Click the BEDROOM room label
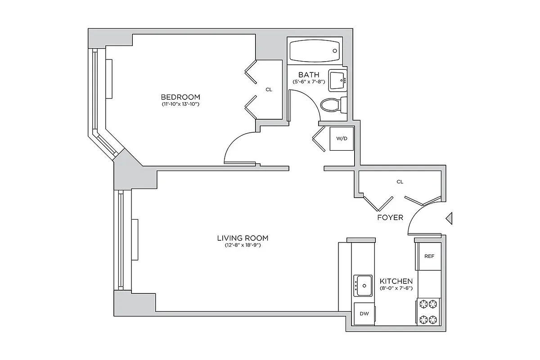tap(180, 97)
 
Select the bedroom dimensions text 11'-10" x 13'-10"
tap(180, 104)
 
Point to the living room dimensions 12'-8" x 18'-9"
tap(243, 246)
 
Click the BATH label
tap(309, 75)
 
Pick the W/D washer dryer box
tap(342, 139)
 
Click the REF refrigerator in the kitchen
tap(429, 256)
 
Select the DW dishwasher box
tap(364, 314)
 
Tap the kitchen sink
tap(363, 285)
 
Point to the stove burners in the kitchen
tap(428, 311)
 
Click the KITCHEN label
tap(396, 281)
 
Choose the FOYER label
tap(390, 217)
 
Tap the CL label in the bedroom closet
tap(269, 90)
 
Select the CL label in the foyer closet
tap(400, 182)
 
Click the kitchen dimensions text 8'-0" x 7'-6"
tap(396, 288)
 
